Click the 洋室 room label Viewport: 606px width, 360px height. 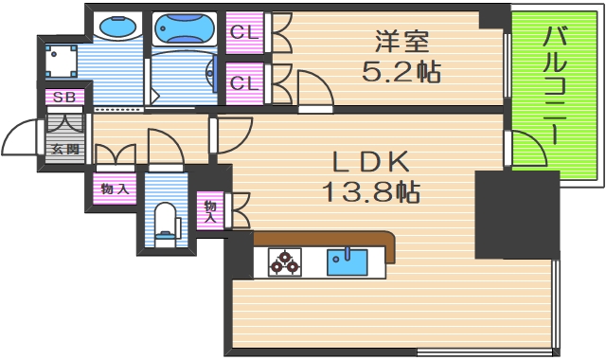[x=402, y=41]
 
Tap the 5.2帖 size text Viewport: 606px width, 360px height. [x=402, y=71]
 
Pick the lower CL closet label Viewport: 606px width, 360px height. [x=244, y=82]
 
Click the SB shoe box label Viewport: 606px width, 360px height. [x=64, y=98]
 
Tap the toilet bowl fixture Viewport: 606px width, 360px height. [x=166, y=220]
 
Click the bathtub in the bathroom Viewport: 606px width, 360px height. [x=186, y=29]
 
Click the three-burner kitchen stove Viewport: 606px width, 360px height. [x=284, y=261]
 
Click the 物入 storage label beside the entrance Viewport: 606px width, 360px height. [x=115, y=188]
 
